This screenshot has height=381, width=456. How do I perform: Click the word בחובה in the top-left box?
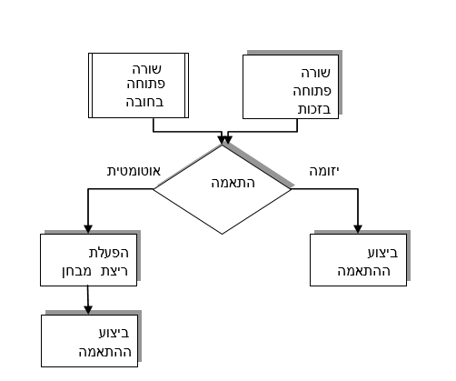(145, 102)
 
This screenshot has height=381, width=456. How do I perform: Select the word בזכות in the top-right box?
(314, 109)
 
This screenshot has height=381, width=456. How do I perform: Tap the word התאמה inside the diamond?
(233, 183)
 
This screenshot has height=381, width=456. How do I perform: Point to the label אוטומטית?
(134, 171)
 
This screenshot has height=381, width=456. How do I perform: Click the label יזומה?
(323, 172)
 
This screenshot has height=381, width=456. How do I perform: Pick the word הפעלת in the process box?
(109, 253)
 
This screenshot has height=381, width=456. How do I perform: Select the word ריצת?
(114, 271)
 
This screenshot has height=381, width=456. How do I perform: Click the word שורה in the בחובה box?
(147, 69)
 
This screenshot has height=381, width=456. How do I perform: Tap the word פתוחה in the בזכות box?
(312, 91)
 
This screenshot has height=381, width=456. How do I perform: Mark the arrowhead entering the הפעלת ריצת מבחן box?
(88, 229)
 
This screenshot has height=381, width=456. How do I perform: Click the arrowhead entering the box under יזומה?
(358, 229)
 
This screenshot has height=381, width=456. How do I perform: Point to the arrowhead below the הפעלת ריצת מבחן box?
(88, 310)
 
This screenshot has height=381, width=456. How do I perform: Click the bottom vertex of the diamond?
(222, 234)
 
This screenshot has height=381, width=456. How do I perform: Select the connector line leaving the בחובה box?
(188, 132)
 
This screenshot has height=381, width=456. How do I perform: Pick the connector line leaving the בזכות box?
(263, 132)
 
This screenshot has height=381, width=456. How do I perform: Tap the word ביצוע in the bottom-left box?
(114, 333)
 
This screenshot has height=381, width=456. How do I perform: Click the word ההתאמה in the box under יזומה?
(364, 271)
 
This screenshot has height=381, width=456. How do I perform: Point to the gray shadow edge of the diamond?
(259, 165)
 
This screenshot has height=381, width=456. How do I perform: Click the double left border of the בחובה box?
(90, 85)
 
